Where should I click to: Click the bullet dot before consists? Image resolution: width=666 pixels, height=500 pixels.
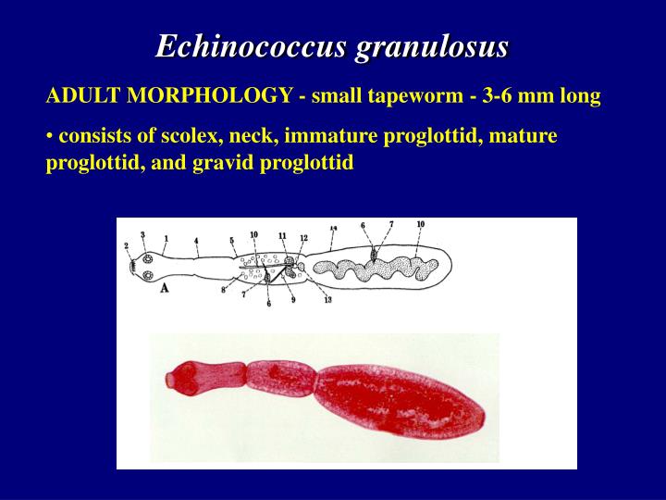coord(49,138)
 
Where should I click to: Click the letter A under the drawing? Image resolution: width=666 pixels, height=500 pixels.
coord(165,288)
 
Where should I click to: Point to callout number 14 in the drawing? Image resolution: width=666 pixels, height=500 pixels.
coord(333,227)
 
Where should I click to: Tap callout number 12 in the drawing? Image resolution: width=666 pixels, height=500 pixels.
coord(303,237)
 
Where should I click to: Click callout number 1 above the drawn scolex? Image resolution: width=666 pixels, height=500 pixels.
coord(166,238)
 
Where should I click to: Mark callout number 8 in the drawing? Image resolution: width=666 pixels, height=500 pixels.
coord(223,291)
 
